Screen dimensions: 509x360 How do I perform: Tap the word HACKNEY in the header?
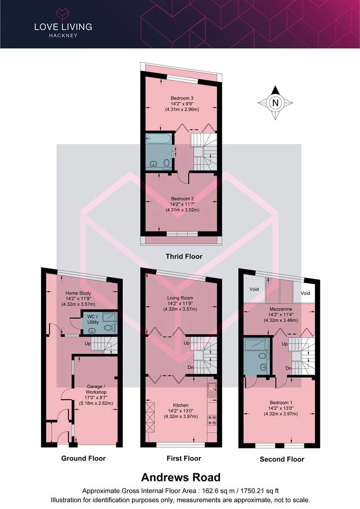pos(63,35)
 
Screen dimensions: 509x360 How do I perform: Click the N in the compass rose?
pos(276,102)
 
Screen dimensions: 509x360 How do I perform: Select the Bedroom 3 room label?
pos(182,99)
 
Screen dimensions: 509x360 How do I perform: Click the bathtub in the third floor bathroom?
pos(159,139)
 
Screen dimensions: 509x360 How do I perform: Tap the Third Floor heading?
pos(184,256)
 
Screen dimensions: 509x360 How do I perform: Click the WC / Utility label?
pos(91,319)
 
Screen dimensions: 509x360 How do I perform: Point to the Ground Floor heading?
pos(83,458)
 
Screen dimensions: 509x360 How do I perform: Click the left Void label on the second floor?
pos(254,293)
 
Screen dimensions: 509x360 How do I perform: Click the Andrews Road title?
pos(180,477)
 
